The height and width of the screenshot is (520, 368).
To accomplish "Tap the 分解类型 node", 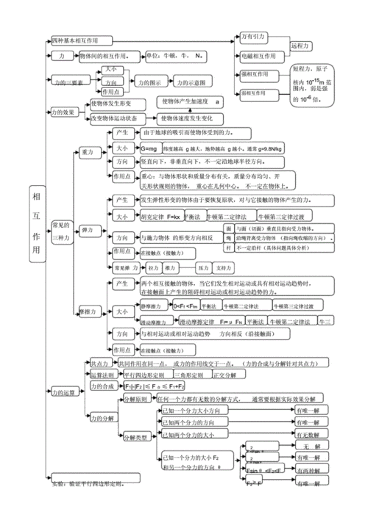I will tap(134, 436).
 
